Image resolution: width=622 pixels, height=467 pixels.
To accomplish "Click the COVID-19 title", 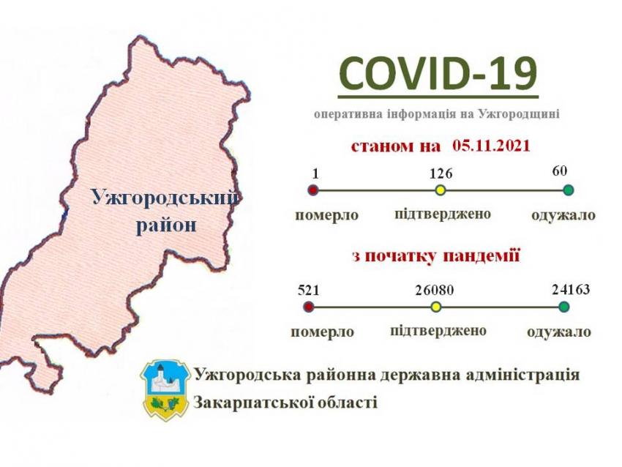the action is click(x=438, y=74).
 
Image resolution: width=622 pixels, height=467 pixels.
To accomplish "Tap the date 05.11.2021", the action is click(x=491, y=146).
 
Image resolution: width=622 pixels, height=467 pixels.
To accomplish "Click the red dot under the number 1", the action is click(x=314, y=190).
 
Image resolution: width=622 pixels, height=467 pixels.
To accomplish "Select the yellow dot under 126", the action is click(x=440, y=190).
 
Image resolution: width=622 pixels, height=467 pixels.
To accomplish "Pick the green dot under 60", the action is click(x=569, y=190).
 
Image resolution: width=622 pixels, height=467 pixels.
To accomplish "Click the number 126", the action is click(x=441, y=173).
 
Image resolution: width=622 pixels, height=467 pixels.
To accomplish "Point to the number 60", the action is click(x=560, y=171).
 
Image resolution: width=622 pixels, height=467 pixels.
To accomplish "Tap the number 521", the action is click(x=309, y=291).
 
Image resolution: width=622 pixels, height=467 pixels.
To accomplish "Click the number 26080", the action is click(x=435, y=291).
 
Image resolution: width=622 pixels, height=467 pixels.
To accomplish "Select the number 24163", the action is click(x=571, y=289).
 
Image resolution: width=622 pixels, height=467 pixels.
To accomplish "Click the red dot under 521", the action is click(x=309, y=307).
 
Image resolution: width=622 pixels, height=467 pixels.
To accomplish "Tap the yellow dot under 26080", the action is click(x=436, y=307).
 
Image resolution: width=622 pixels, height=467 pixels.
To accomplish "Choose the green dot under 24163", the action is click(x=563, y=307).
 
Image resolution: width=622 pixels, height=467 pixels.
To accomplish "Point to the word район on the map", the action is click(x=166, y=225).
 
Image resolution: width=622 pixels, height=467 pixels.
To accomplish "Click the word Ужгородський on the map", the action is click(x=165, y=198).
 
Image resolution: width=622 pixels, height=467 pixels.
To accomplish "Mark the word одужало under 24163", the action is click(x=559, y=332).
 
